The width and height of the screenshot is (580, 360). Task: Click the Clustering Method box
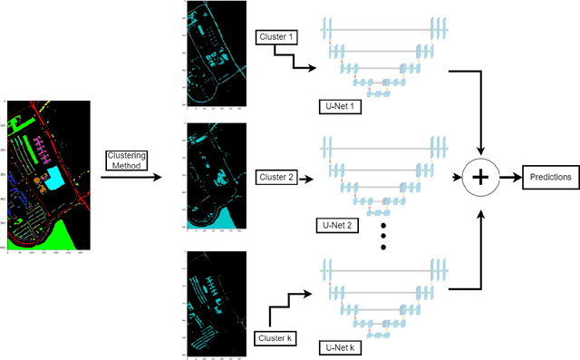click(127, 161)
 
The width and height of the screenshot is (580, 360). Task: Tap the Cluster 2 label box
click(275, 177)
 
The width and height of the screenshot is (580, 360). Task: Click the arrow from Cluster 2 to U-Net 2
click(304, 177)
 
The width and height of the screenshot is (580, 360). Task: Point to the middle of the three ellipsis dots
click(382, 237)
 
